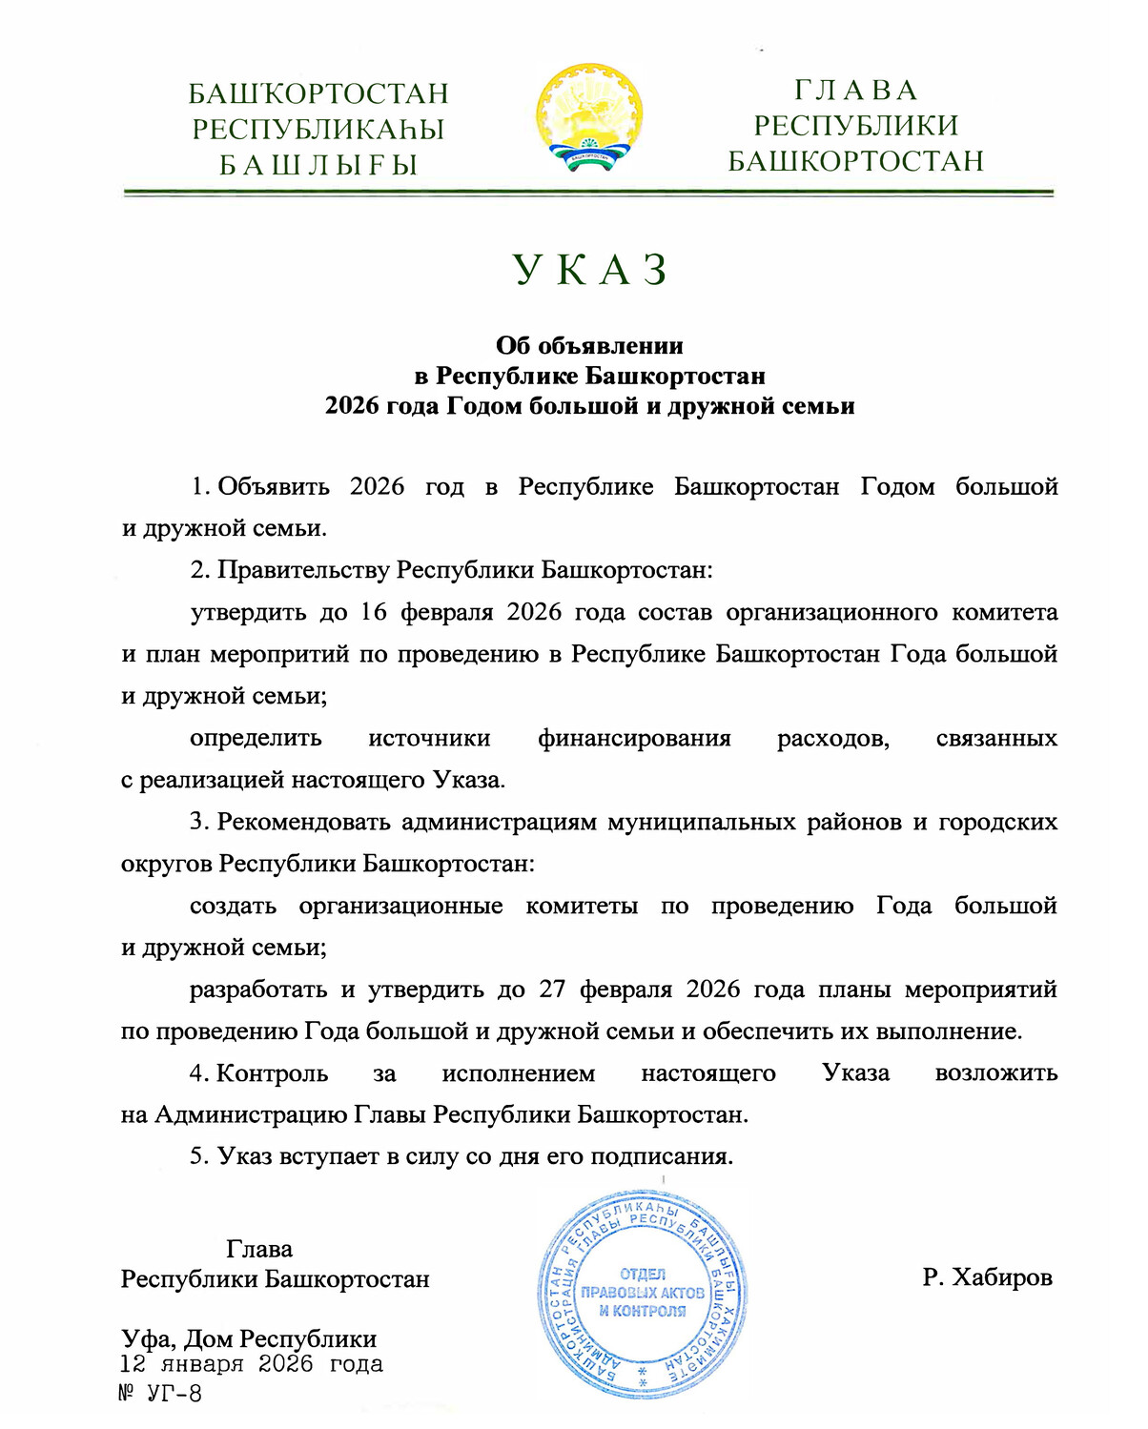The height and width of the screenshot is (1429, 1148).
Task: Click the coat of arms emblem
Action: (588, 118)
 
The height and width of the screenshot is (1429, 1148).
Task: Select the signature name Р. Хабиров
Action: (987, 1277)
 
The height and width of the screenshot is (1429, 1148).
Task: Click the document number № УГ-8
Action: (160, 1393)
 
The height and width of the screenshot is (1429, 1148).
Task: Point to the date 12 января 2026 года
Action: (252, 1364)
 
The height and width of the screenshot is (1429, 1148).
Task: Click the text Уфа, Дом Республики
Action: (249, 1338)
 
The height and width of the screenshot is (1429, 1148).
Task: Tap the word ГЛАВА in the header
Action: (855, 91)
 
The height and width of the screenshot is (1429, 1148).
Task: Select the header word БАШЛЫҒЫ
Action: (318, 165)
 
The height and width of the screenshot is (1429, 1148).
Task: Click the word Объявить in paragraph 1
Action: (274, 486)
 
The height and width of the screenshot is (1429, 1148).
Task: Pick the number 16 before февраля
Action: (373, 612)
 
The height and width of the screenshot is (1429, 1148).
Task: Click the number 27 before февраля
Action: (552, 990)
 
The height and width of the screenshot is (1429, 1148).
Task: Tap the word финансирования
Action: (634, 738)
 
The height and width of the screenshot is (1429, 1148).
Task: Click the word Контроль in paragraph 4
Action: (272, 1073)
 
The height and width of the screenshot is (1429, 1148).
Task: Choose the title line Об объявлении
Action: (589, 345)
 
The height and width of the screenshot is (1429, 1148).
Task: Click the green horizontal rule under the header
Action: (588, 193)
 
